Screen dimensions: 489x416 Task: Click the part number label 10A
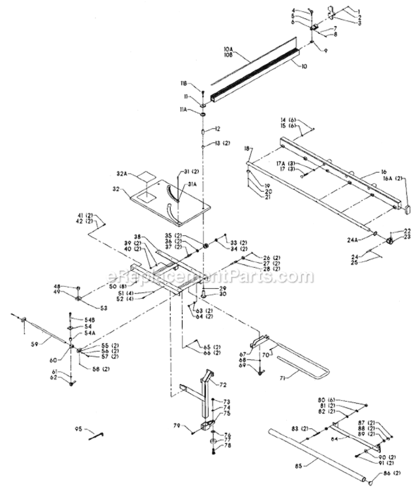(x=228, y=48)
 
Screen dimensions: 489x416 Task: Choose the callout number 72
(x=222, y=385)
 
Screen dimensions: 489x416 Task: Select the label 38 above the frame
(x=138, y=237)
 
